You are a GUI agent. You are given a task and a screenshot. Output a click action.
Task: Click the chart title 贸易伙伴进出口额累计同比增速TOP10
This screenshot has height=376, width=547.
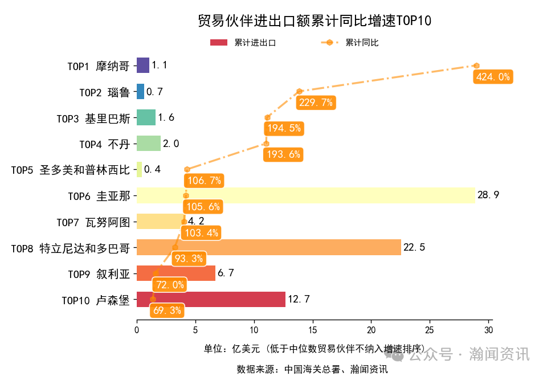314,21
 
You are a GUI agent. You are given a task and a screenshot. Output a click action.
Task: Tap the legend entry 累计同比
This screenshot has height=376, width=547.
350,43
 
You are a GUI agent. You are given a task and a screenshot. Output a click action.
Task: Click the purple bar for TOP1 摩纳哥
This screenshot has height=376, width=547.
143,65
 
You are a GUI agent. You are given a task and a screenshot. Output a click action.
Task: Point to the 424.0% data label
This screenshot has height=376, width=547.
492,77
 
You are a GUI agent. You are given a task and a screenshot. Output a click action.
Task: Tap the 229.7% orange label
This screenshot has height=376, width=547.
315,103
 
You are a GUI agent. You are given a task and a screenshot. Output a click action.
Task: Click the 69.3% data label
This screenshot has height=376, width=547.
168,310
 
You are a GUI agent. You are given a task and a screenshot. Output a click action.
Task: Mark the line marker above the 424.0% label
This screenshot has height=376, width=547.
476,66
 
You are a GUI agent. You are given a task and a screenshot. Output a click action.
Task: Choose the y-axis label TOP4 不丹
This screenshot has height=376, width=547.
104,144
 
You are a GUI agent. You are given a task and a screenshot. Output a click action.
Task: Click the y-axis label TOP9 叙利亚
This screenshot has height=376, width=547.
99,273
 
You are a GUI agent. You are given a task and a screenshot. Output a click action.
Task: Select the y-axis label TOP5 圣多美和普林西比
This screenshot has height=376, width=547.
70,170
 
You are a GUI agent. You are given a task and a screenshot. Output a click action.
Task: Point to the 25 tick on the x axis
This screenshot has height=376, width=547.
430,330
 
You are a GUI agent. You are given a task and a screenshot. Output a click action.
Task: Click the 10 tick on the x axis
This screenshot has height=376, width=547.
254,330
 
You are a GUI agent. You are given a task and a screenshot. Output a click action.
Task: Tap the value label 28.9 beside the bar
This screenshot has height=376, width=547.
488,195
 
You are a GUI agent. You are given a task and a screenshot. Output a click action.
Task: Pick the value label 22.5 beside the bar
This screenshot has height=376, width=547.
414,247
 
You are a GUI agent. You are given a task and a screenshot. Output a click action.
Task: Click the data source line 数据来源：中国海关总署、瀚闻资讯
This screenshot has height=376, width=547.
312,369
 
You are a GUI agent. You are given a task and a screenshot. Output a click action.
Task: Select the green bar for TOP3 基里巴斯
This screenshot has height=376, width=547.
146,117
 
